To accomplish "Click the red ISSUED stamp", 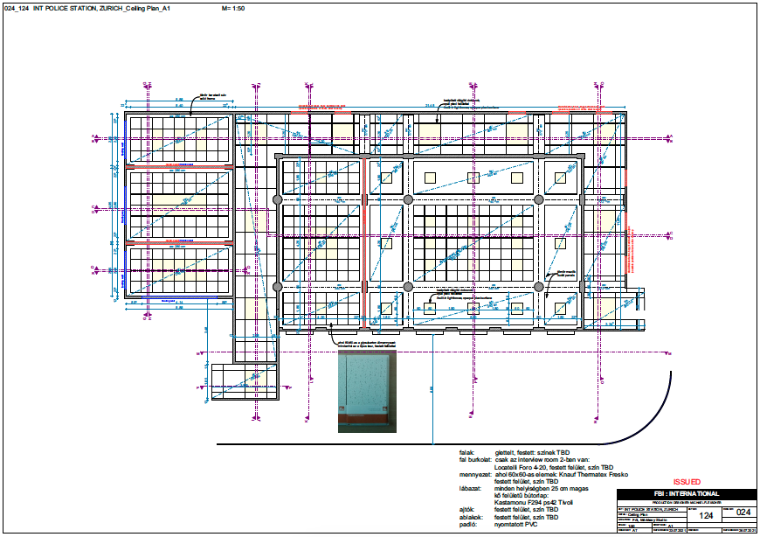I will pos(687,481).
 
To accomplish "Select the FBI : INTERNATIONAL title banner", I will pos(685,493).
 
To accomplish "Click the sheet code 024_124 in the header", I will pos(17,7).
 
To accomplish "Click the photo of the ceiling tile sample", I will pos(367,388).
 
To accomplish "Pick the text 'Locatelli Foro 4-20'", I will pos(523,467).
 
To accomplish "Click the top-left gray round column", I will pos(278,200).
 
